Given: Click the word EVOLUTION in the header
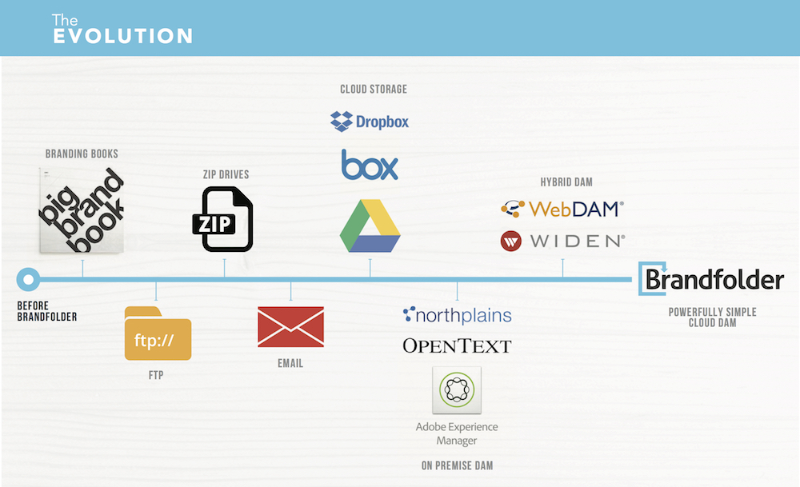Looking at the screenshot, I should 122,36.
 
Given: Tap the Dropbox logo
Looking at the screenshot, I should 370,122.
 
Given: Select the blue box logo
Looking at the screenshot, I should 370,165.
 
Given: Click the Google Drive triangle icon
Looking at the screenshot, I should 370,226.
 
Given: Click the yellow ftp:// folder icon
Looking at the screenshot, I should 158,333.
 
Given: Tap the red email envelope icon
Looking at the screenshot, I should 290,327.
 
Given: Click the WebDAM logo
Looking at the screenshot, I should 562,210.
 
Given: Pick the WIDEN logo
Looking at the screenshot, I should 562,241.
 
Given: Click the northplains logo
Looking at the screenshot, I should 457,315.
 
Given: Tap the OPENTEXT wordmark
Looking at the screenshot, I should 457,345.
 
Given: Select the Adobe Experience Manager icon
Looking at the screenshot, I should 457,391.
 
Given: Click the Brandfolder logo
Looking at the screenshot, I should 710,279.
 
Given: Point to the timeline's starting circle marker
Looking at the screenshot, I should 29,279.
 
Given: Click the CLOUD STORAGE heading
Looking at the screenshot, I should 373,89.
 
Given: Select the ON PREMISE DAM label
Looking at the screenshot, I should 456,465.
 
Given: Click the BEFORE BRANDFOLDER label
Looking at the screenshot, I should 47,311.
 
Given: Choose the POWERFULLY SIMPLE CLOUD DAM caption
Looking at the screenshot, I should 712,317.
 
